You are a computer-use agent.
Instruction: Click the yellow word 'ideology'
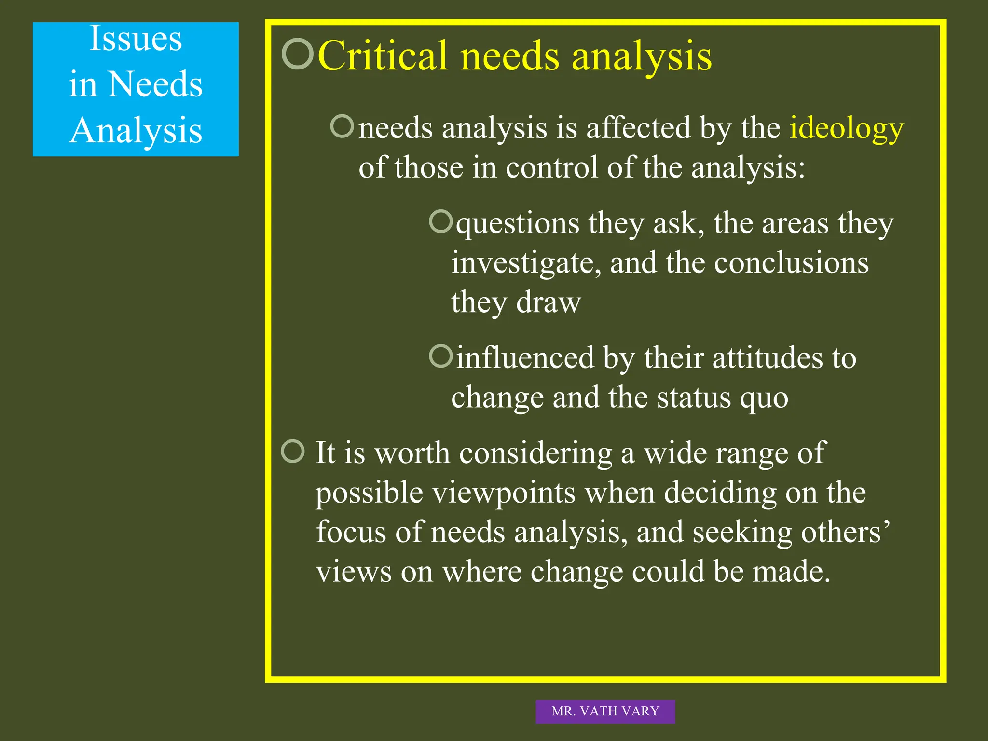pyautogui.click(x=846, y=129)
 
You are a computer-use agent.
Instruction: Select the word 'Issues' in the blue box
pyautogui.click(x=136, y=39)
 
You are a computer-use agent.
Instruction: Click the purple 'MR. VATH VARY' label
pyautogui.click(x=605, y=711)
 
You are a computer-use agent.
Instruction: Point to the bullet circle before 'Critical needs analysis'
pyautogui.click(x=297, y=54)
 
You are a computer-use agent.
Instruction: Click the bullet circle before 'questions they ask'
pyautogui.click(x=440, y=221)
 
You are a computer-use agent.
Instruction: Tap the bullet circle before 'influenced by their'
pyautogui.click(x=440, y=356)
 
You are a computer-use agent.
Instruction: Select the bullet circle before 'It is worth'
pyautogui.click(x=293, y=451)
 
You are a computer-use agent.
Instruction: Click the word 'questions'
pyautogui.click(x=518, y=224)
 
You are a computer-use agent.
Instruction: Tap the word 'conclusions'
pyautogui.click(x=791, y=263)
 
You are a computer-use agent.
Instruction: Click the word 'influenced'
pyautogui.click(x=525, y=358)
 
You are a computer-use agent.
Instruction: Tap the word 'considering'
pyautogui.click(x=535, y=453)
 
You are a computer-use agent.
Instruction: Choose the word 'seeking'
pyautogui.click(x=742, y=533)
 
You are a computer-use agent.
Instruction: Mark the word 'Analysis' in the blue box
pyautogui.click(x=136, y=130)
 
